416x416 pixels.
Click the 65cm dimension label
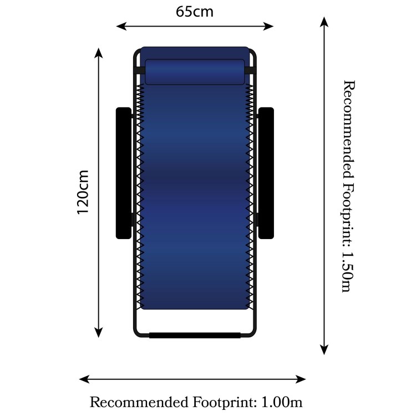pos(195,12)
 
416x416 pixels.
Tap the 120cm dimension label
pos(83,192)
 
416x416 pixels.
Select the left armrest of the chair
pos(124,173)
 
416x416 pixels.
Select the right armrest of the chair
pos(266,173)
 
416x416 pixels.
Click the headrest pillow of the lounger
pos(195,72)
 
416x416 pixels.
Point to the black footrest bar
pos(195,335)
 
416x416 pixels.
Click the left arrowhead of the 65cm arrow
pos(121,26)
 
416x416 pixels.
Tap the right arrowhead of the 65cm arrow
pos(268,26)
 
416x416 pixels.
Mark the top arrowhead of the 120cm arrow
pos(98,53)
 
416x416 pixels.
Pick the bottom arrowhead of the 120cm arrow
pos(98,332)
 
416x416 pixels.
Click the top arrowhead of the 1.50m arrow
pos(324,22)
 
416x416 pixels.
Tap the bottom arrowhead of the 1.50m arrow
pos(324,349)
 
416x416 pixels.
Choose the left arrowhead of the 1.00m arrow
pos(84,379)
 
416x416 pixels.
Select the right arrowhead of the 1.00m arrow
pos(301,379)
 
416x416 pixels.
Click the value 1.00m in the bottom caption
pos(282,402)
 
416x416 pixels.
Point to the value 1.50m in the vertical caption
pos(347,272)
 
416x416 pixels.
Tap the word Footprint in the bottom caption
pos(225,403)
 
